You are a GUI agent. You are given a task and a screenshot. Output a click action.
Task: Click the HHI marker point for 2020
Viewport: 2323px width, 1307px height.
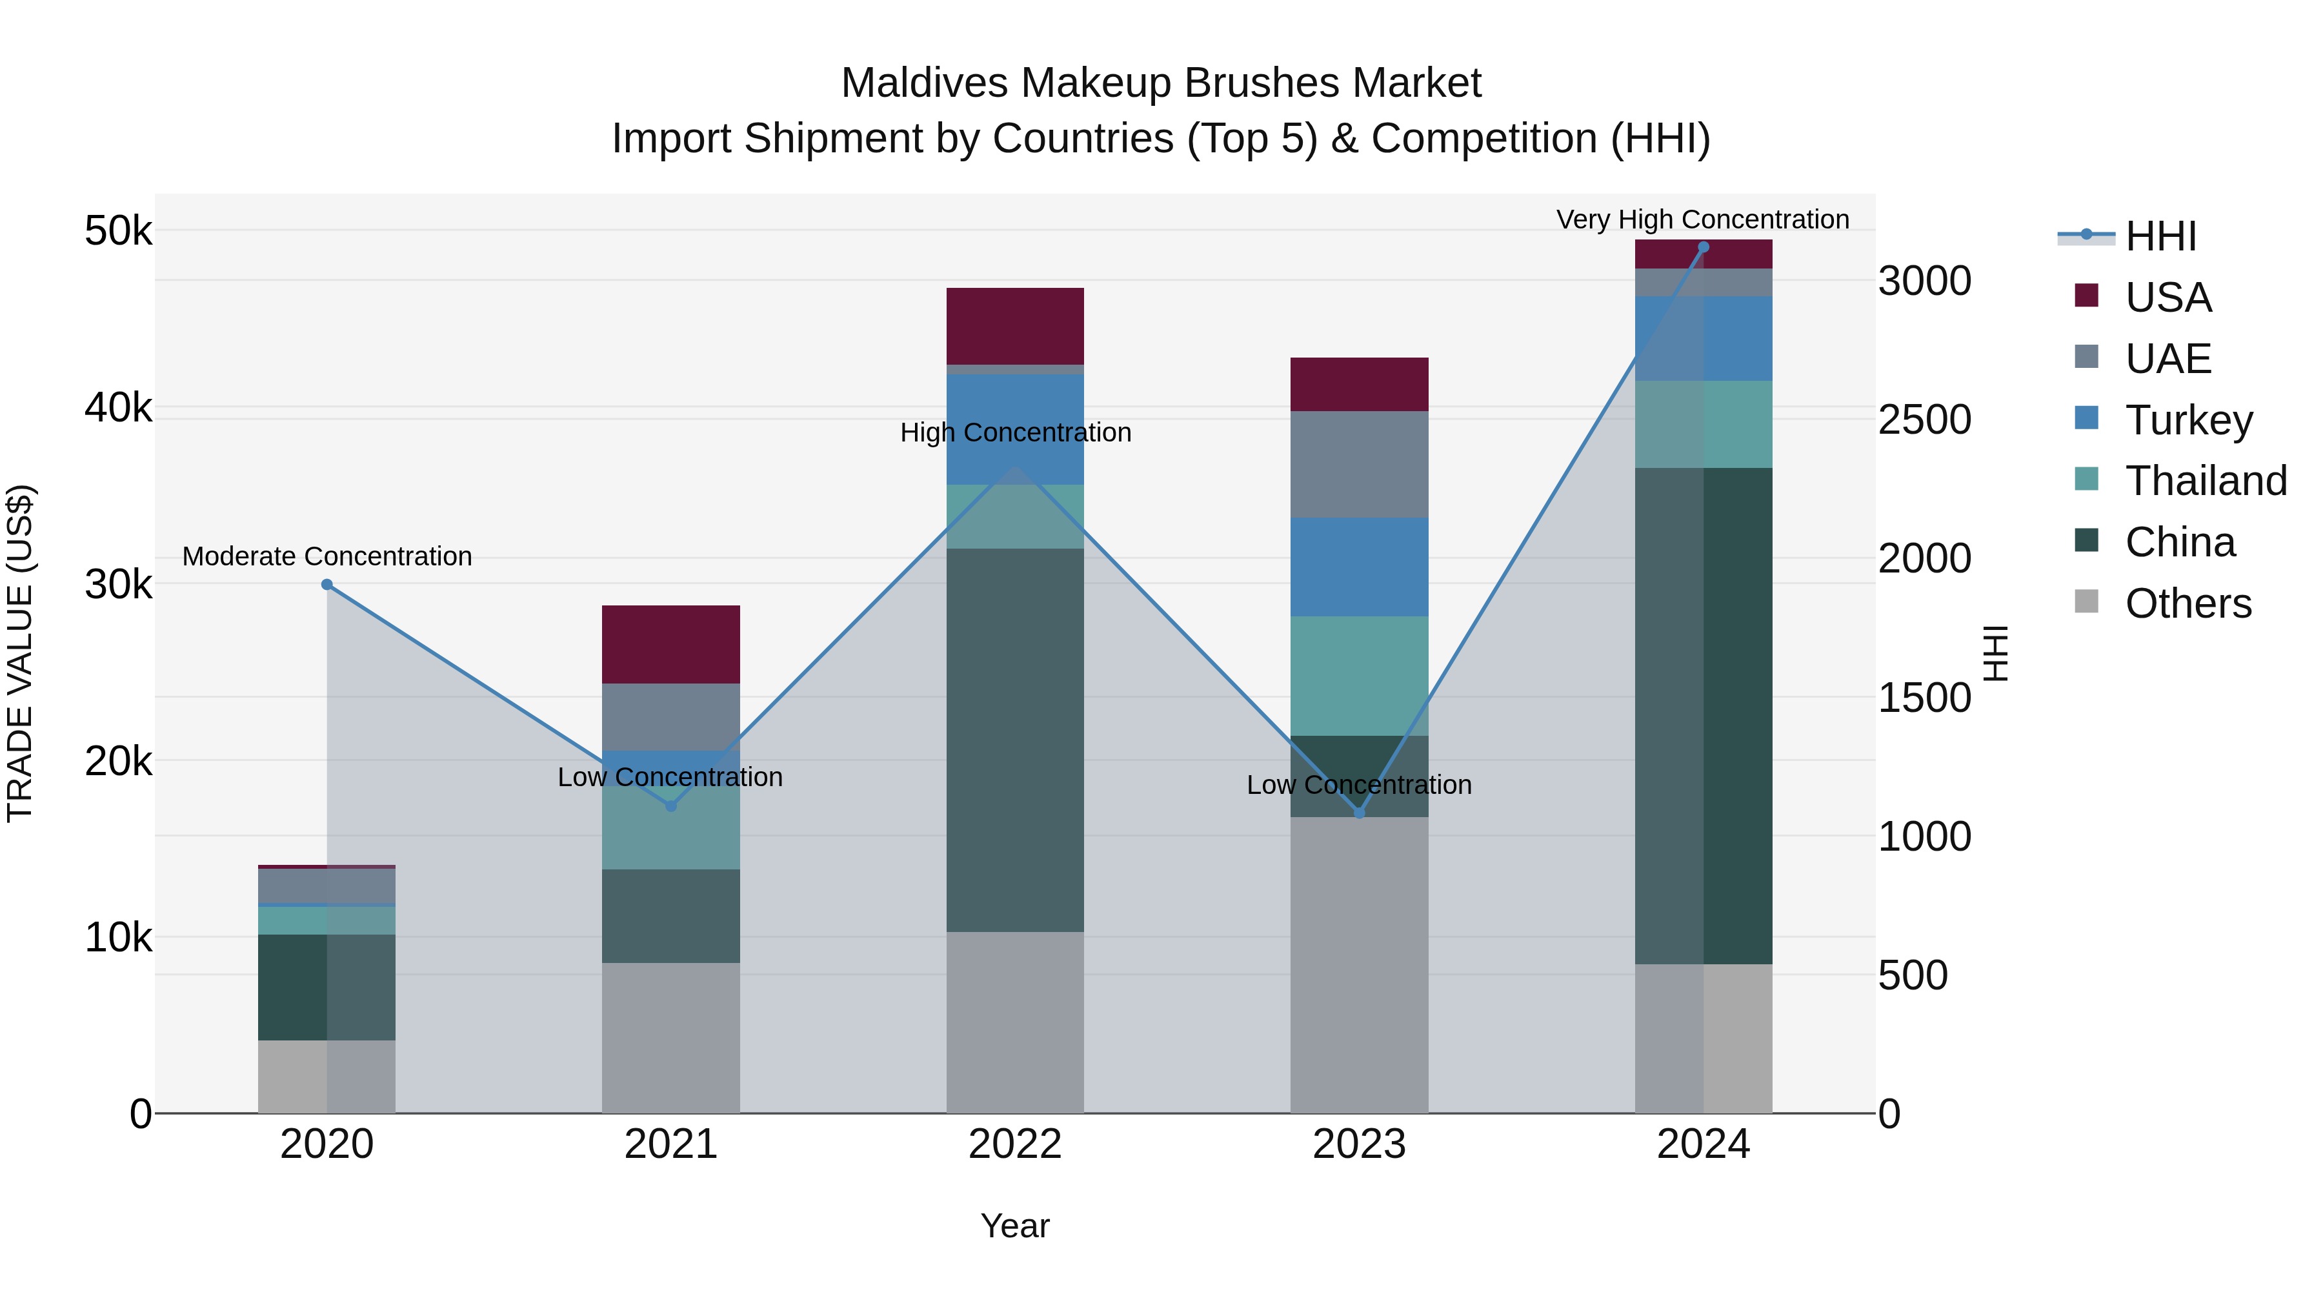point(327,585)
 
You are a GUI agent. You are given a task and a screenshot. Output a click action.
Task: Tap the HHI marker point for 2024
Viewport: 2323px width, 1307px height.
point(1703,247)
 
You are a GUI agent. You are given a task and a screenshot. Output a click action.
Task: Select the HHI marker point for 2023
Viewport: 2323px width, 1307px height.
point(1359,813)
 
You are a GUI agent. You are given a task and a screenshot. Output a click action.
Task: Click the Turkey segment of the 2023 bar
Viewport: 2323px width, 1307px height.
point(1359,567)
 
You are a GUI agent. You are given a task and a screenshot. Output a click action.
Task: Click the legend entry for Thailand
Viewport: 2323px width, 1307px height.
point(2205,481)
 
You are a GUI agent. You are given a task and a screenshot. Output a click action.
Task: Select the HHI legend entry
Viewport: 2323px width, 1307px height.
point(2160,236)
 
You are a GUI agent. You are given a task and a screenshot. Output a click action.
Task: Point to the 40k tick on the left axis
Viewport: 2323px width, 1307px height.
point(118,408)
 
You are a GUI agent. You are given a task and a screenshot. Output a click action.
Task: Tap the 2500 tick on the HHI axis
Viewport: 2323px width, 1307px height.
point(1924,420)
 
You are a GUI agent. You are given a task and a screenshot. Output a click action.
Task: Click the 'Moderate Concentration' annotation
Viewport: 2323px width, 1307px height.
point(327,556)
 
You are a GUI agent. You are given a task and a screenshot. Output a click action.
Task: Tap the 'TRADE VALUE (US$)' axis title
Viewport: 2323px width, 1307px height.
point(20,653)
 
